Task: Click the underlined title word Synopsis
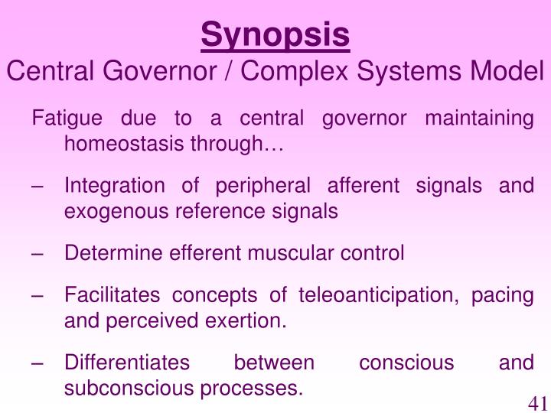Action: point(275,35)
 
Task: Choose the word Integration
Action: point(115,186)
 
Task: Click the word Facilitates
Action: point(113,295)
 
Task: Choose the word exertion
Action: point(249,320)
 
